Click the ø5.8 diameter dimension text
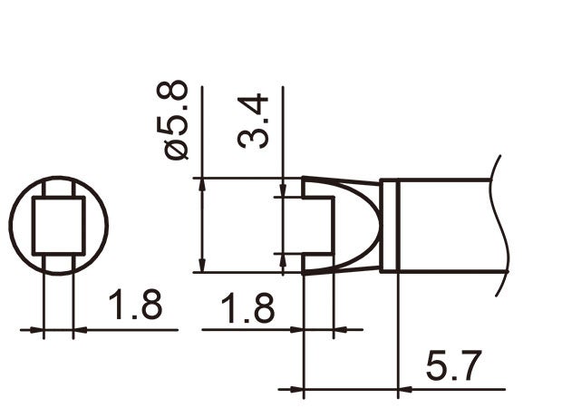176,120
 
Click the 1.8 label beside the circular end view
136,306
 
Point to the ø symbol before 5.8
177,149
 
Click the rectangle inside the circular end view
58,226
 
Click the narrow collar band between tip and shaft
389,226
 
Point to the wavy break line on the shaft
496,226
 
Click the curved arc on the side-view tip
368,226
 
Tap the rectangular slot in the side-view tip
317,226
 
